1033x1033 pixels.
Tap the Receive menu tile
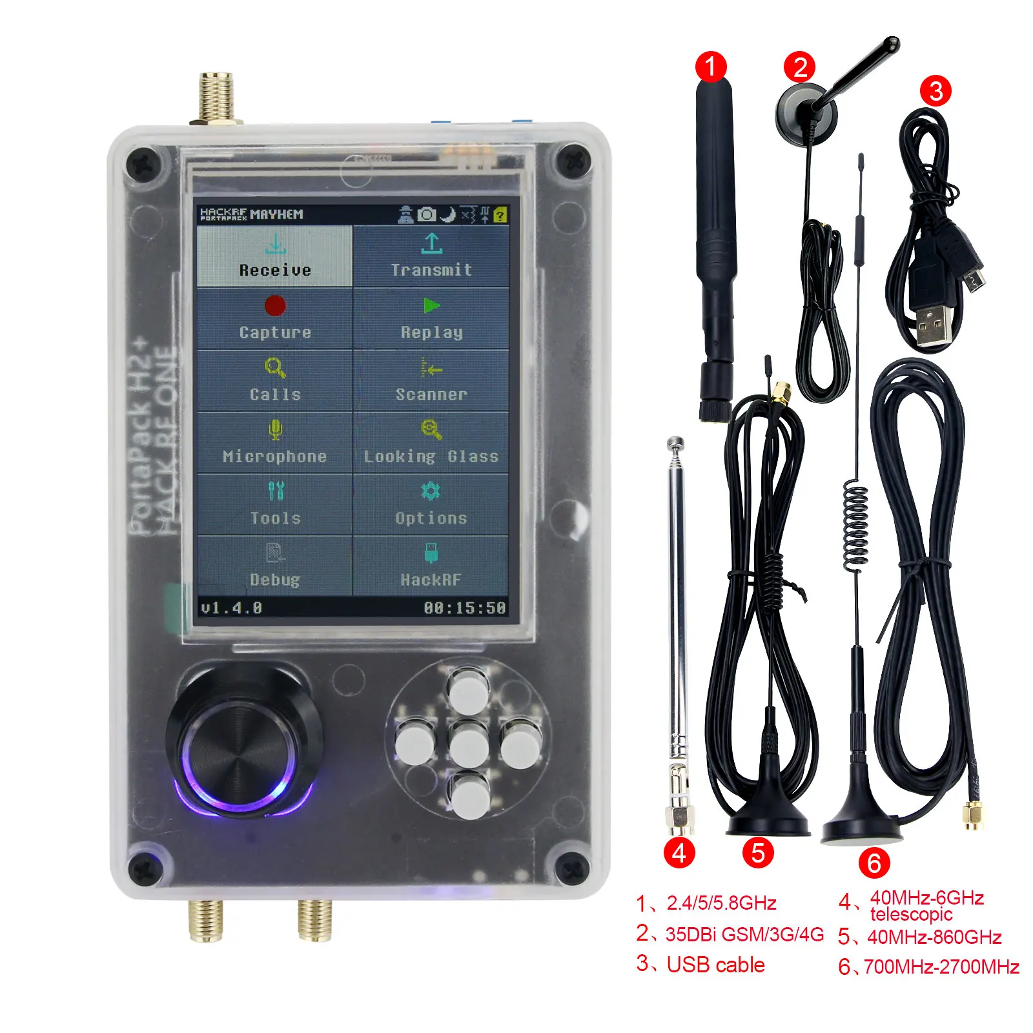(275, 256)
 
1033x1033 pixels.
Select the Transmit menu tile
(431, 256)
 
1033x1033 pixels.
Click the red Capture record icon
(275, 305)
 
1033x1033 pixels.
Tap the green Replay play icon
(431, 305)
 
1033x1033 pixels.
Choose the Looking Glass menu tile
(431, 442)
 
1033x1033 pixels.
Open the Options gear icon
(431, 491)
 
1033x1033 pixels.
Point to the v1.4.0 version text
(231, 608)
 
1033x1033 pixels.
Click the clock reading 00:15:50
(464, 608)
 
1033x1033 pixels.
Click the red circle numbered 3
(936, 90)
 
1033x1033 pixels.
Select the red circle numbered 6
(874, 863)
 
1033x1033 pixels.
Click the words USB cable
(715, 965)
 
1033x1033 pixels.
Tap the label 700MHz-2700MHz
(941, 967)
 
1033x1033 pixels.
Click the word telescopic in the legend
(911, 914)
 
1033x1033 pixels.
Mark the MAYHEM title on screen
(276, 214)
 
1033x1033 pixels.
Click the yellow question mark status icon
(500, 215)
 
